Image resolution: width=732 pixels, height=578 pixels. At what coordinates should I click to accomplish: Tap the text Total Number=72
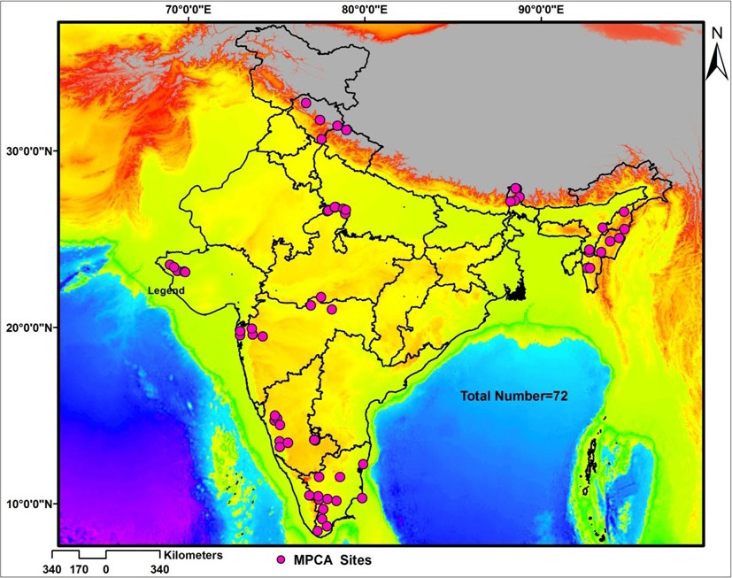point(512,397)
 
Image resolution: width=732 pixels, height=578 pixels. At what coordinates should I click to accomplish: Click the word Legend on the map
point(166,290)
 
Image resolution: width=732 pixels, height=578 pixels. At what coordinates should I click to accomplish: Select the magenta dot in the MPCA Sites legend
point(281,560)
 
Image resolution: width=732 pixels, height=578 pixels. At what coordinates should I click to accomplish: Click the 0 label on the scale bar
point(106,569)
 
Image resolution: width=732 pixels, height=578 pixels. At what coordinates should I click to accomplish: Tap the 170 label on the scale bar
point(80,569)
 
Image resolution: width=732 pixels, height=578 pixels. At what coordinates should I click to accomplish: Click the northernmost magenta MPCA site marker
point(306,104)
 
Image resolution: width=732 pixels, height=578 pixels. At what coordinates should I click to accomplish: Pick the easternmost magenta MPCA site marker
point(624,212)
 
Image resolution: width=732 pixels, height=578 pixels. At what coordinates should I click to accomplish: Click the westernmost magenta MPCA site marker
point(169,265)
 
